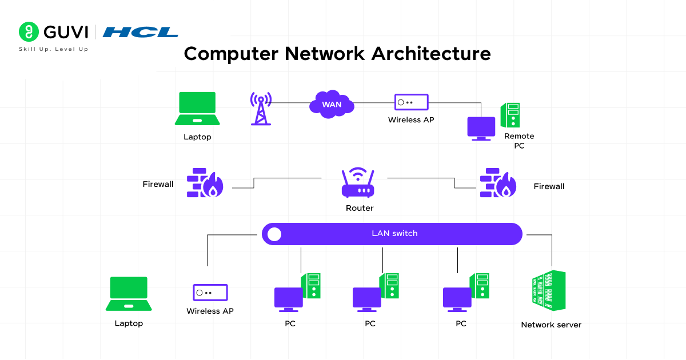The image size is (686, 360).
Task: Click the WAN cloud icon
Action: (332, 104)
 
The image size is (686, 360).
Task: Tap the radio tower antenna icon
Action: (261, 108)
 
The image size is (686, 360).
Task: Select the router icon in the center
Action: (358, 183)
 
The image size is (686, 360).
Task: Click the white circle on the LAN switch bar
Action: (274, 234)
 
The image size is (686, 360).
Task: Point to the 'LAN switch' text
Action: (394, 234)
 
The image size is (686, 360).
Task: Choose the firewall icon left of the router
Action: (205, 183)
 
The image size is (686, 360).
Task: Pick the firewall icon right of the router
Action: (498, 183)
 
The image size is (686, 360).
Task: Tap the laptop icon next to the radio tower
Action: (197, 109)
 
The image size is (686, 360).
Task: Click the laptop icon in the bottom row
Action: (129, 294)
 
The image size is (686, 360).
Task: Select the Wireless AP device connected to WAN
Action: (411, 102)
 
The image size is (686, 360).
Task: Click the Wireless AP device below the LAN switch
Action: (210, 293)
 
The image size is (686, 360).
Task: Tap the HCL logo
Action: (140, 32)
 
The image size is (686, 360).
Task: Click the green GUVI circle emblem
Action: (28, 32)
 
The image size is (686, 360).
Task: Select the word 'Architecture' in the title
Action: (431, 54)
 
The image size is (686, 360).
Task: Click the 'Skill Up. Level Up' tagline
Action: (54, 49)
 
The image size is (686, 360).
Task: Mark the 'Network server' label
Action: (551, 325)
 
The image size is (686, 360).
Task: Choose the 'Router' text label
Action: (360, 208)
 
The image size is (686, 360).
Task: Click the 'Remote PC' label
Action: (519, 141)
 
